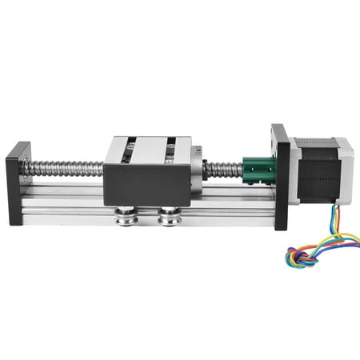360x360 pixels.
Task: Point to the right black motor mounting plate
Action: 280,176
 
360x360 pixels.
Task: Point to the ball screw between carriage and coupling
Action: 223,170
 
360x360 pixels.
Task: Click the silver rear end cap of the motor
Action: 346,172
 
